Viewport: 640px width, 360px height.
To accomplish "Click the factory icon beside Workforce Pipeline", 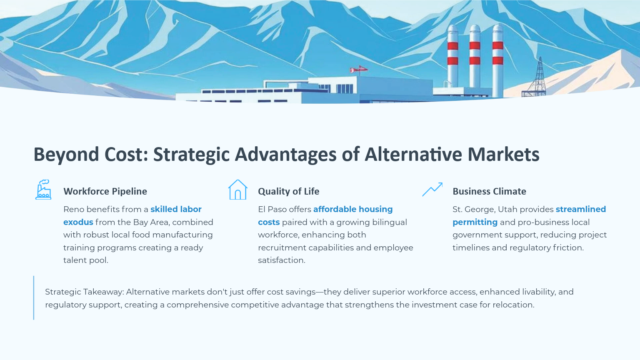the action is pyautogui.click(x=43, y=190).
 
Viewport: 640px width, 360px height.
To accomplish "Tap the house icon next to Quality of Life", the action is pyautogui.click(x=238, y=190).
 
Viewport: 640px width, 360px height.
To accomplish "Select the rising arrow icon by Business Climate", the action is pyautogui.click(x=432, y=189).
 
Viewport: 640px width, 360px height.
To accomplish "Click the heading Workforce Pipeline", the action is pyautogui.click(x=105, y=191).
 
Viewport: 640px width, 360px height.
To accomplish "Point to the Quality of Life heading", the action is pyautogui.click(x=289, y=191).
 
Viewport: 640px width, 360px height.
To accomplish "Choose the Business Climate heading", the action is pyautogui.click(x=489, y=191).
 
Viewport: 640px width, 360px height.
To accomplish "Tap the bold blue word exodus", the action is pyautogui.click(x=78, y=222).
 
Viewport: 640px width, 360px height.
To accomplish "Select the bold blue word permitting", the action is pyautogui.click(x=475, y=222).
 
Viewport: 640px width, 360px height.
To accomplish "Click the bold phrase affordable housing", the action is pyautogui.click(x=353, y=209).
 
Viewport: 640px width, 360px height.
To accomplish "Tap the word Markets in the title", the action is pyautogui.click(x=503, y=154).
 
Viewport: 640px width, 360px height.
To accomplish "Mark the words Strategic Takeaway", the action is pyautogui.click(x=85, y=292).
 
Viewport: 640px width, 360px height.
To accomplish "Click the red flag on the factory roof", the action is pyautogui.click(x=359, y=69).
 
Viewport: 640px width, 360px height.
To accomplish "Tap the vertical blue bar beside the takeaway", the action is pyautogui.click(x=34, y=298).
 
